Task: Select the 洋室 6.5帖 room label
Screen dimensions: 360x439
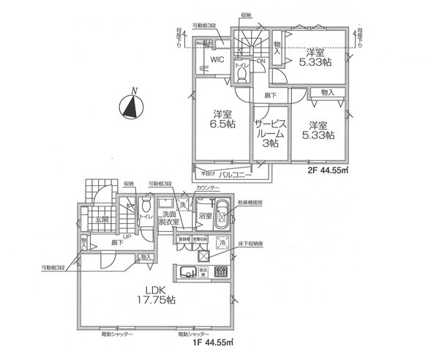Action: point(223,120)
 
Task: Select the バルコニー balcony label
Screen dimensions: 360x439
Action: point(239,176)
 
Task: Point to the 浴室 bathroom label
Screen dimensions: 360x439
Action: point(206,216)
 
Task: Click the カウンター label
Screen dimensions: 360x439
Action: point(211,188)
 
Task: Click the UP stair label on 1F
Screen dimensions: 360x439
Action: point(128,236)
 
